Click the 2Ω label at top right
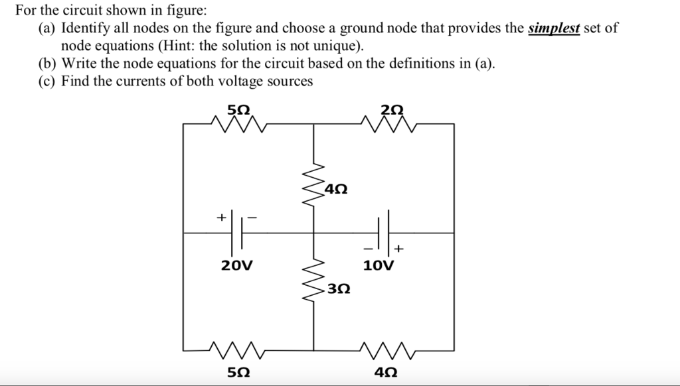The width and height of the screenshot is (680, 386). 392,109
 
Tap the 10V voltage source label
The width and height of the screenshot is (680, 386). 379,267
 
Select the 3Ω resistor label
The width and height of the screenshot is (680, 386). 338,290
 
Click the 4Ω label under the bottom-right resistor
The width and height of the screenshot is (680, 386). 386,372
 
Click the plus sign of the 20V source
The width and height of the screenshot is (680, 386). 221,217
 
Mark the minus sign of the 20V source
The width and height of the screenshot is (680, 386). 252,217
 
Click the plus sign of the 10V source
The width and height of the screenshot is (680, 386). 398,249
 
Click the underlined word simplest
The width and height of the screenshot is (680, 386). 554,29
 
